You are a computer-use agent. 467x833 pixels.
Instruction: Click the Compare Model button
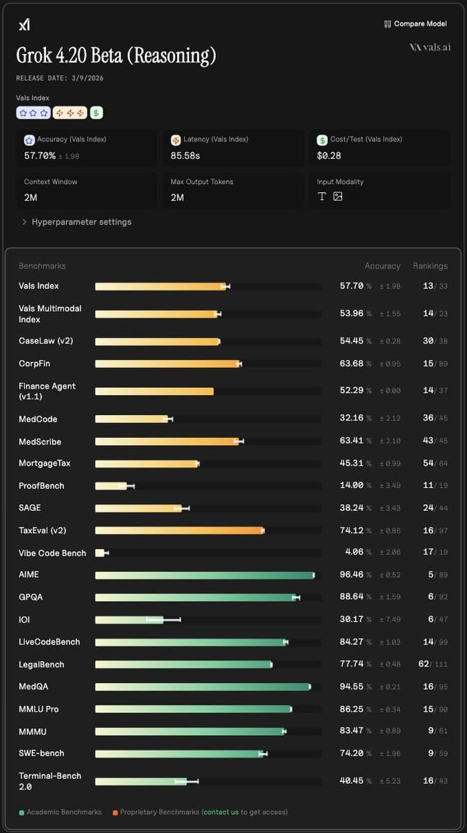point(415,24)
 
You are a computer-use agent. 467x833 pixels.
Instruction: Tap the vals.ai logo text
point(430,47)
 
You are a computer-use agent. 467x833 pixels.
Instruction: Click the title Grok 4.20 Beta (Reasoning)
point(116,56)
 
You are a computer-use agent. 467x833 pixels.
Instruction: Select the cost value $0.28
point(329,155)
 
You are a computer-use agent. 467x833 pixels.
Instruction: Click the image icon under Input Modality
point(338,196)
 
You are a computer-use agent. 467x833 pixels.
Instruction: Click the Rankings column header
point(430,266)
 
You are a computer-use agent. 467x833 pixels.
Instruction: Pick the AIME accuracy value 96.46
point(351,575)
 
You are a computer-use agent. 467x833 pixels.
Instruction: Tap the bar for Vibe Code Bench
point(100,553)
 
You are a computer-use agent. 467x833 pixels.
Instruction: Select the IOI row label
point(24,619)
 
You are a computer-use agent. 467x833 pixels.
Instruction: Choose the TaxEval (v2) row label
point(42,530)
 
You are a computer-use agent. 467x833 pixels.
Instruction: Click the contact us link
point(221,811)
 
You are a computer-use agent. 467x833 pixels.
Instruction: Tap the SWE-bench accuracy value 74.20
point(351,753)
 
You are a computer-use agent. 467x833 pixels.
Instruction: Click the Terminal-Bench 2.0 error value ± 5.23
point(389,781)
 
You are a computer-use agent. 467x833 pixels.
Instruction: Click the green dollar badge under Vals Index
point(96,112)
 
